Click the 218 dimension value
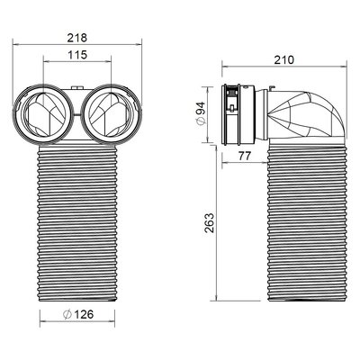pos(77,38)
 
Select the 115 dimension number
pos(77,55)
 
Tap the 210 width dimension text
pos(284,60)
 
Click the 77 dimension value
pos(245,156)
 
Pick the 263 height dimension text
pos(209,223)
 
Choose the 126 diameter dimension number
pos(84,314)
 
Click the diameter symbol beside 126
pos(67,314)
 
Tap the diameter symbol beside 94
pos(202,121)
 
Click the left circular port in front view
pos(42,114)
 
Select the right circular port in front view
pos(111,114)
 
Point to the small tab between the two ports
pos(77,87)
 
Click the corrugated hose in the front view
pos(77,223)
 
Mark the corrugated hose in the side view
pos(307,222)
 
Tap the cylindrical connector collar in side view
pos(238,114)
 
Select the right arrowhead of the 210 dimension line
pos(344,67)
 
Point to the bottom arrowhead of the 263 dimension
pos(216,300)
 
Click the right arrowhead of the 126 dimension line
pos(112,322)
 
